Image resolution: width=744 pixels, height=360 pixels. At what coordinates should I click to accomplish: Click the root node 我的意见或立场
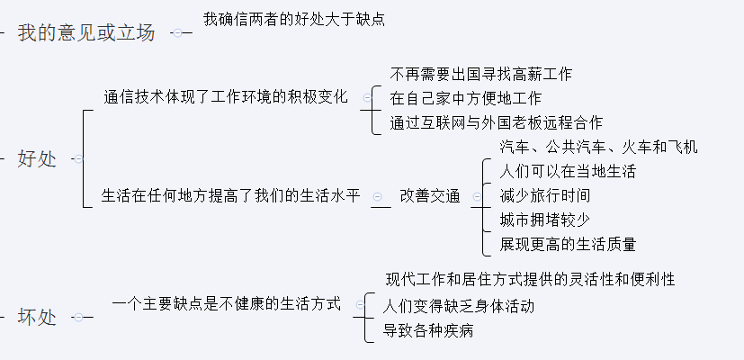(85, 33)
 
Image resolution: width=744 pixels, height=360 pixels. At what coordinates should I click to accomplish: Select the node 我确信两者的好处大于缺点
(294, 19)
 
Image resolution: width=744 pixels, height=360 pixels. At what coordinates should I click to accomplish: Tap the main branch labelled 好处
(37, 159)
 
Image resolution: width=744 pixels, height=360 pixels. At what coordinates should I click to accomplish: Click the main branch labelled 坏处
(37, 317)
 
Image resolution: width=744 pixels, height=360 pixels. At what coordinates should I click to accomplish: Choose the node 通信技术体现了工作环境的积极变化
(226, 97)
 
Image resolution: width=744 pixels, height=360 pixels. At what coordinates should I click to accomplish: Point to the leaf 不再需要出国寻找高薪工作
(481, 74)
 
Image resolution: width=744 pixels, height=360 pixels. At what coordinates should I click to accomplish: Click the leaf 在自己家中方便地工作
(466, 98)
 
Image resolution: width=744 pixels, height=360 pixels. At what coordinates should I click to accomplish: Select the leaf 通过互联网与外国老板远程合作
(497, 122)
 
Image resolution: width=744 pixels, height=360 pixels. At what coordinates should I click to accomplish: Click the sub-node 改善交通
(430, 196)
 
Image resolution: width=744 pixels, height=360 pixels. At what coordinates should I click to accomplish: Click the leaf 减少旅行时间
(545, 195)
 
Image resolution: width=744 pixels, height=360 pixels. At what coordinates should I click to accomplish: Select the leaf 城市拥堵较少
(545, 220)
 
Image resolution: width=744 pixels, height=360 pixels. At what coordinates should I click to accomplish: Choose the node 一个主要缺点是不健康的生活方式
(227, 304)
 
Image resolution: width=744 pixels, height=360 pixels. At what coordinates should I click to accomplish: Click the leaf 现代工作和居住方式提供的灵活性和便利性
(531, 280)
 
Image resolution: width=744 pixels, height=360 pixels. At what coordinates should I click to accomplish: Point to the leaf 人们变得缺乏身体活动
(459, 306)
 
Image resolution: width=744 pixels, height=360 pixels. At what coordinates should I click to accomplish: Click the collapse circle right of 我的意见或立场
(178, 33)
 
